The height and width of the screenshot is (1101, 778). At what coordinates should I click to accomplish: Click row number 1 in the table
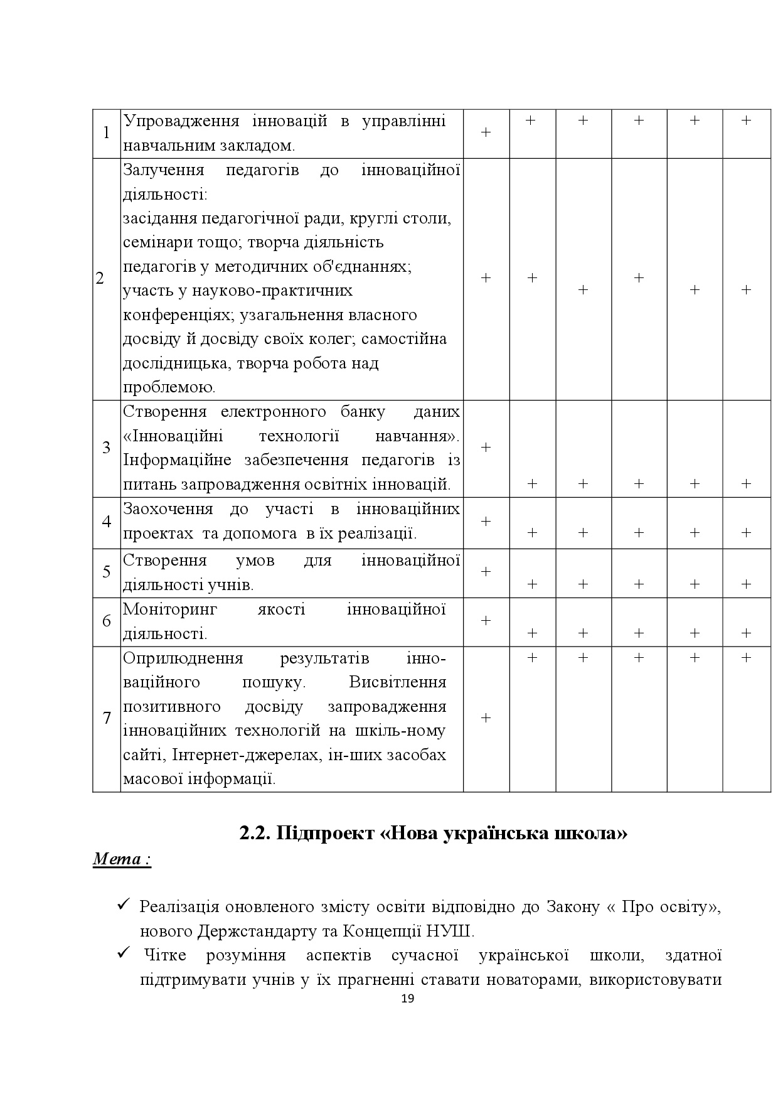pos(106,133)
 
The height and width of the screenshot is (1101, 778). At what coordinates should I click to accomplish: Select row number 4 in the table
pos(106,522)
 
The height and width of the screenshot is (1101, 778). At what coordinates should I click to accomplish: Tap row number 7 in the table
pos(106,718)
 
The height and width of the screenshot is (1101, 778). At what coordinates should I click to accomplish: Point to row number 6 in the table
pos(106,621)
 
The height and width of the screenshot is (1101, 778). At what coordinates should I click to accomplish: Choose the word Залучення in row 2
pos(164,170)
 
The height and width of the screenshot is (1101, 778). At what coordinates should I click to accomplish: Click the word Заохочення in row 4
pos(168,509)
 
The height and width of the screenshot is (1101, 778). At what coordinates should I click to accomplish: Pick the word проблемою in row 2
pos(169,387)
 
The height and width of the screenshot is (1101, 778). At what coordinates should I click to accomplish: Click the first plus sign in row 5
pos(486,572)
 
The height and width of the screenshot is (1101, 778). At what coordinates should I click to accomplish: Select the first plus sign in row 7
pos(486,718)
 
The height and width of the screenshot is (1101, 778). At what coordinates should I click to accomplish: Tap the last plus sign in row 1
pos(746,121)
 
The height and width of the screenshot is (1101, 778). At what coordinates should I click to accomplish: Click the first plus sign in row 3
pos(486,448)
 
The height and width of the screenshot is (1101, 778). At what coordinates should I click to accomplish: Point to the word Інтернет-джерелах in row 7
pos(246,755)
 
